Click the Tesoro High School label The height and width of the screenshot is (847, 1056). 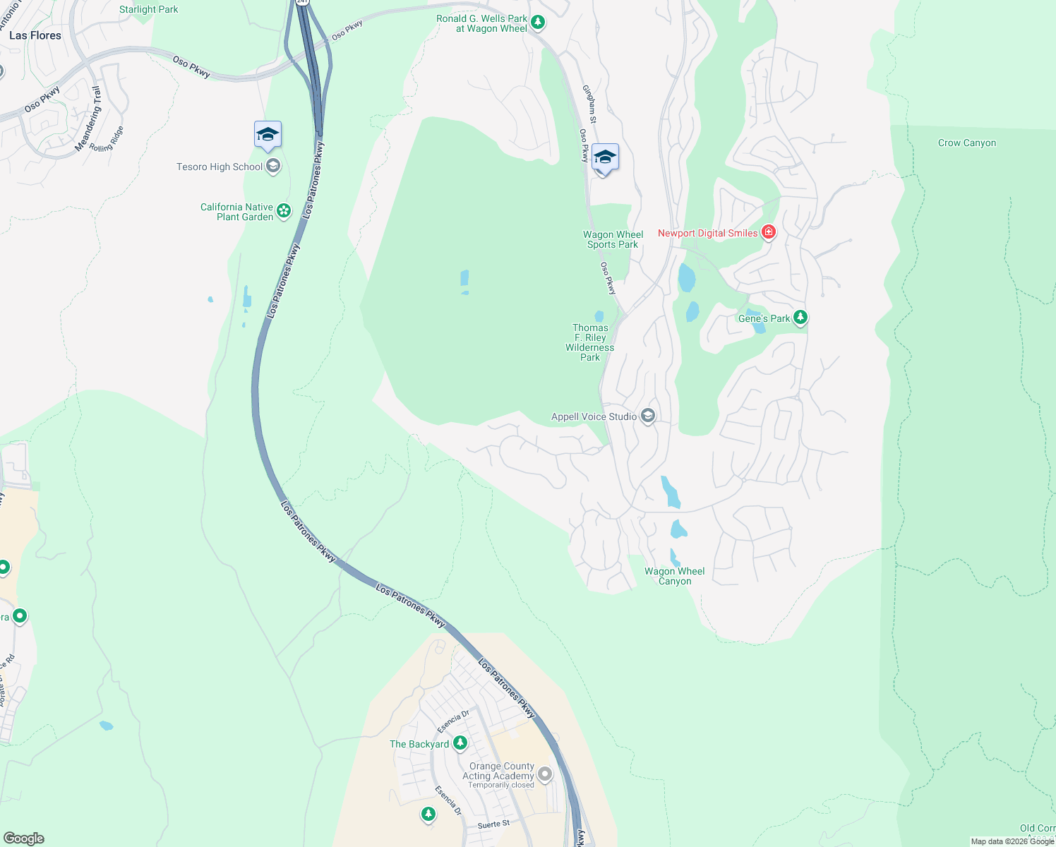coord(220,167)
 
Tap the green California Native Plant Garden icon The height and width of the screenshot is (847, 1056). coord(284,210)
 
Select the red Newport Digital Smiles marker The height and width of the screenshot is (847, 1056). coord(769,232)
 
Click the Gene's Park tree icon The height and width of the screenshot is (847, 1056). coord(800,317)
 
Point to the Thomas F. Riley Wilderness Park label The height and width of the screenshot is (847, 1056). coord(590,342)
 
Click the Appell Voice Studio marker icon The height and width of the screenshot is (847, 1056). coord(648,416)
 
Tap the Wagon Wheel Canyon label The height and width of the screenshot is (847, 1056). coord(674,576)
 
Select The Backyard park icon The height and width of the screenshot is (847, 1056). coord(460,743)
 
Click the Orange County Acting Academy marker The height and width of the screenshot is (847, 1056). coord(545,774)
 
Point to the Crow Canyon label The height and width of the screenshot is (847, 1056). coord(966,143)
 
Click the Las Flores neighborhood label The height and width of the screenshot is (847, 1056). coord(35,35)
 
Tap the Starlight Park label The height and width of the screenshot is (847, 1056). coord(148,9)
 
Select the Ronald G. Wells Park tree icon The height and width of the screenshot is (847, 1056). coord(538,23)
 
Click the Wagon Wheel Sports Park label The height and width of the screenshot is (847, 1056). coord(613,239)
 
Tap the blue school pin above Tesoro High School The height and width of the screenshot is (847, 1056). coord(268,134)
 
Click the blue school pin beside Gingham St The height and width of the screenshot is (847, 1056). coord(605,157)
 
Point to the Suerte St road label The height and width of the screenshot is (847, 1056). coord(493,824)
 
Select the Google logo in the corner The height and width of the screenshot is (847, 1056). coord(23,839)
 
